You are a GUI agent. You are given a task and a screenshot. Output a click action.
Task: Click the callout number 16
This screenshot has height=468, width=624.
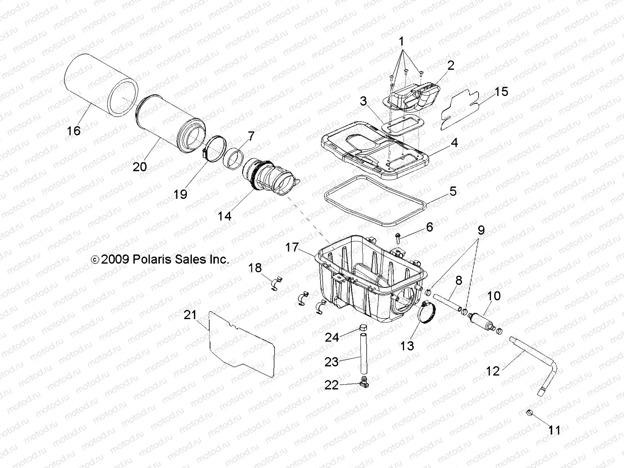click(x=73, y=130)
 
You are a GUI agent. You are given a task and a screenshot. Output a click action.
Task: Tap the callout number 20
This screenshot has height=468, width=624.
click(x=140, y=167)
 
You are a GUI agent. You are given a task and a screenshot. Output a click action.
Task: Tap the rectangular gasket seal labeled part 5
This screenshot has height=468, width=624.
click(x=374, y=201)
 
